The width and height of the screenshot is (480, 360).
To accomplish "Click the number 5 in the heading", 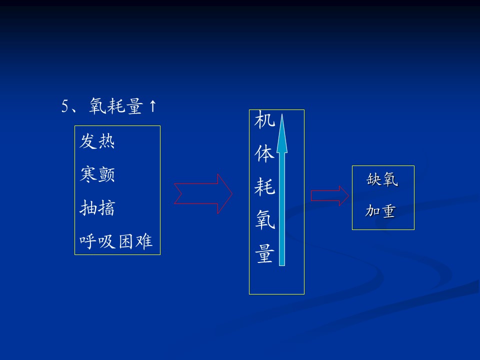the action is point(65,106).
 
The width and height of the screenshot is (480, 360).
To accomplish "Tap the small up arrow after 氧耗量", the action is point(153,106).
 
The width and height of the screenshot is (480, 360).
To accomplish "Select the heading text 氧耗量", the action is point(115,106).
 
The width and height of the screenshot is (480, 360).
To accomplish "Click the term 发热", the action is point(97,141).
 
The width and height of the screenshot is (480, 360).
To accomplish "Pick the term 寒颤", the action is point(97,174).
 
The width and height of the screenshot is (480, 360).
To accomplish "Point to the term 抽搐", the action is point(97,208).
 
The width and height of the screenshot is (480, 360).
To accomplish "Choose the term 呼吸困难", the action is point(115,241).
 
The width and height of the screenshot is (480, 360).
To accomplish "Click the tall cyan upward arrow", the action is point(282,190).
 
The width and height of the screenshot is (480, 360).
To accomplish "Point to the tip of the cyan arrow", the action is point(282,114).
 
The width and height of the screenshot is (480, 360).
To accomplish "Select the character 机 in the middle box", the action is point(265,119).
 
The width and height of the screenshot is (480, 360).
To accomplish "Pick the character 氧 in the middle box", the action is point(265,219).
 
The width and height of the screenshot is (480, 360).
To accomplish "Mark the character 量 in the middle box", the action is point(265,253).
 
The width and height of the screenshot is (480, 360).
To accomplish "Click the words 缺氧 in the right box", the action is point(382,179).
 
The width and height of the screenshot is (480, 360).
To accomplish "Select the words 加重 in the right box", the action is point(380,211).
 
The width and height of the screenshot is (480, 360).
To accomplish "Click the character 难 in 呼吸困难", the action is point(144,241).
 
